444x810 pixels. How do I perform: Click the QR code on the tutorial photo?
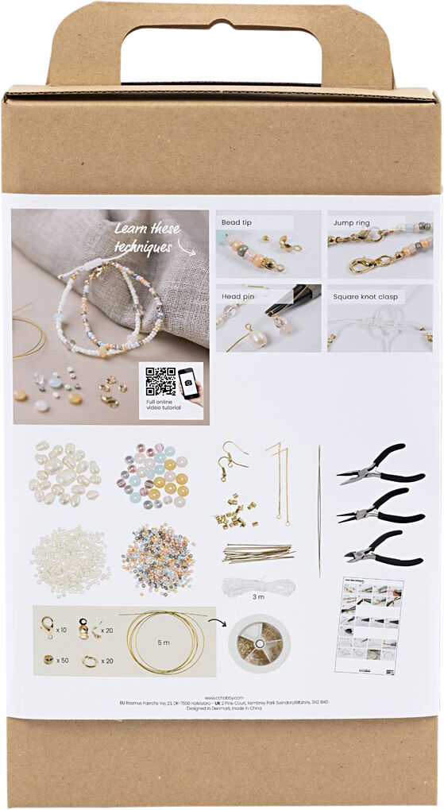click(160, 381)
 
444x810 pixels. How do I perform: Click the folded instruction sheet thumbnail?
click(370, 627)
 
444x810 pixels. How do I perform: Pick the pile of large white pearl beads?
click(65, 475)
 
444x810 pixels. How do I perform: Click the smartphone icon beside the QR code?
click(189, 384)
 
